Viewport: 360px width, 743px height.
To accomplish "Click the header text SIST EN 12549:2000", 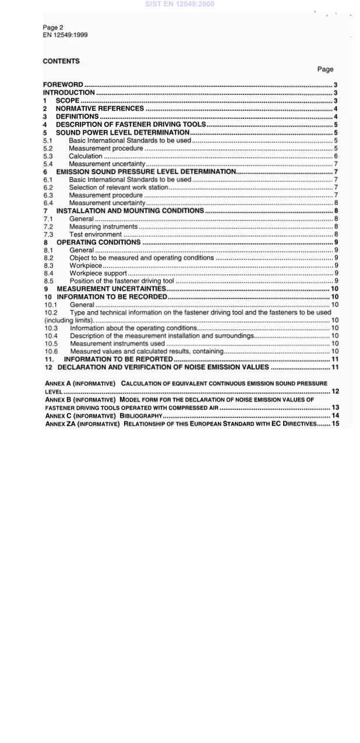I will click(179, 4).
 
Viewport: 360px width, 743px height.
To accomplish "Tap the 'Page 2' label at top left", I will click(53, 27).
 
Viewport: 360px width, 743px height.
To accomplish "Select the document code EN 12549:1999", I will click(65, 35).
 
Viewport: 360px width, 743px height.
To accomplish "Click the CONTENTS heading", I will click(61, 61).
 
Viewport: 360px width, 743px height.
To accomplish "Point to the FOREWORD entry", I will click(63, 84).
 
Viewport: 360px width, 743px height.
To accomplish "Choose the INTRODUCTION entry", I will click(69, 92).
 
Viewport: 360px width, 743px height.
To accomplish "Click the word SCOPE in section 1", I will click(67, 100).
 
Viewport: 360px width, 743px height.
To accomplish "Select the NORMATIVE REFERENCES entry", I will click(100, 108).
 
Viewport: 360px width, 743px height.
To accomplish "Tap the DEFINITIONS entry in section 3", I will click(77, 117).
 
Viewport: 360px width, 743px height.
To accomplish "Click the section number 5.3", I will click(48, 156).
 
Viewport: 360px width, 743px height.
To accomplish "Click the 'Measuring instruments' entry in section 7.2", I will click(103, 227).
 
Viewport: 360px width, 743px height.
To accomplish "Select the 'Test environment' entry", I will click(96, 234).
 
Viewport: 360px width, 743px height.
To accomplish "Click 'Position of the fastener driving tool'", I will click(121, 281).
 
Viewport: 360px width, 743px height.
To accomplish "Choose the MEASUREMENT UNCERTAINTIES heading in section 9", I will click(111, 289).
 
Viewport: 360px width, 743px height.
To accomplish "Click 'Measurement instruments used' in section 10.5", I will click(117, 344).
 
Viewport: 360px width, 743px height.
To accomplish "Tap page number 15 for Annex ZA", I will click(335, 424).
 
